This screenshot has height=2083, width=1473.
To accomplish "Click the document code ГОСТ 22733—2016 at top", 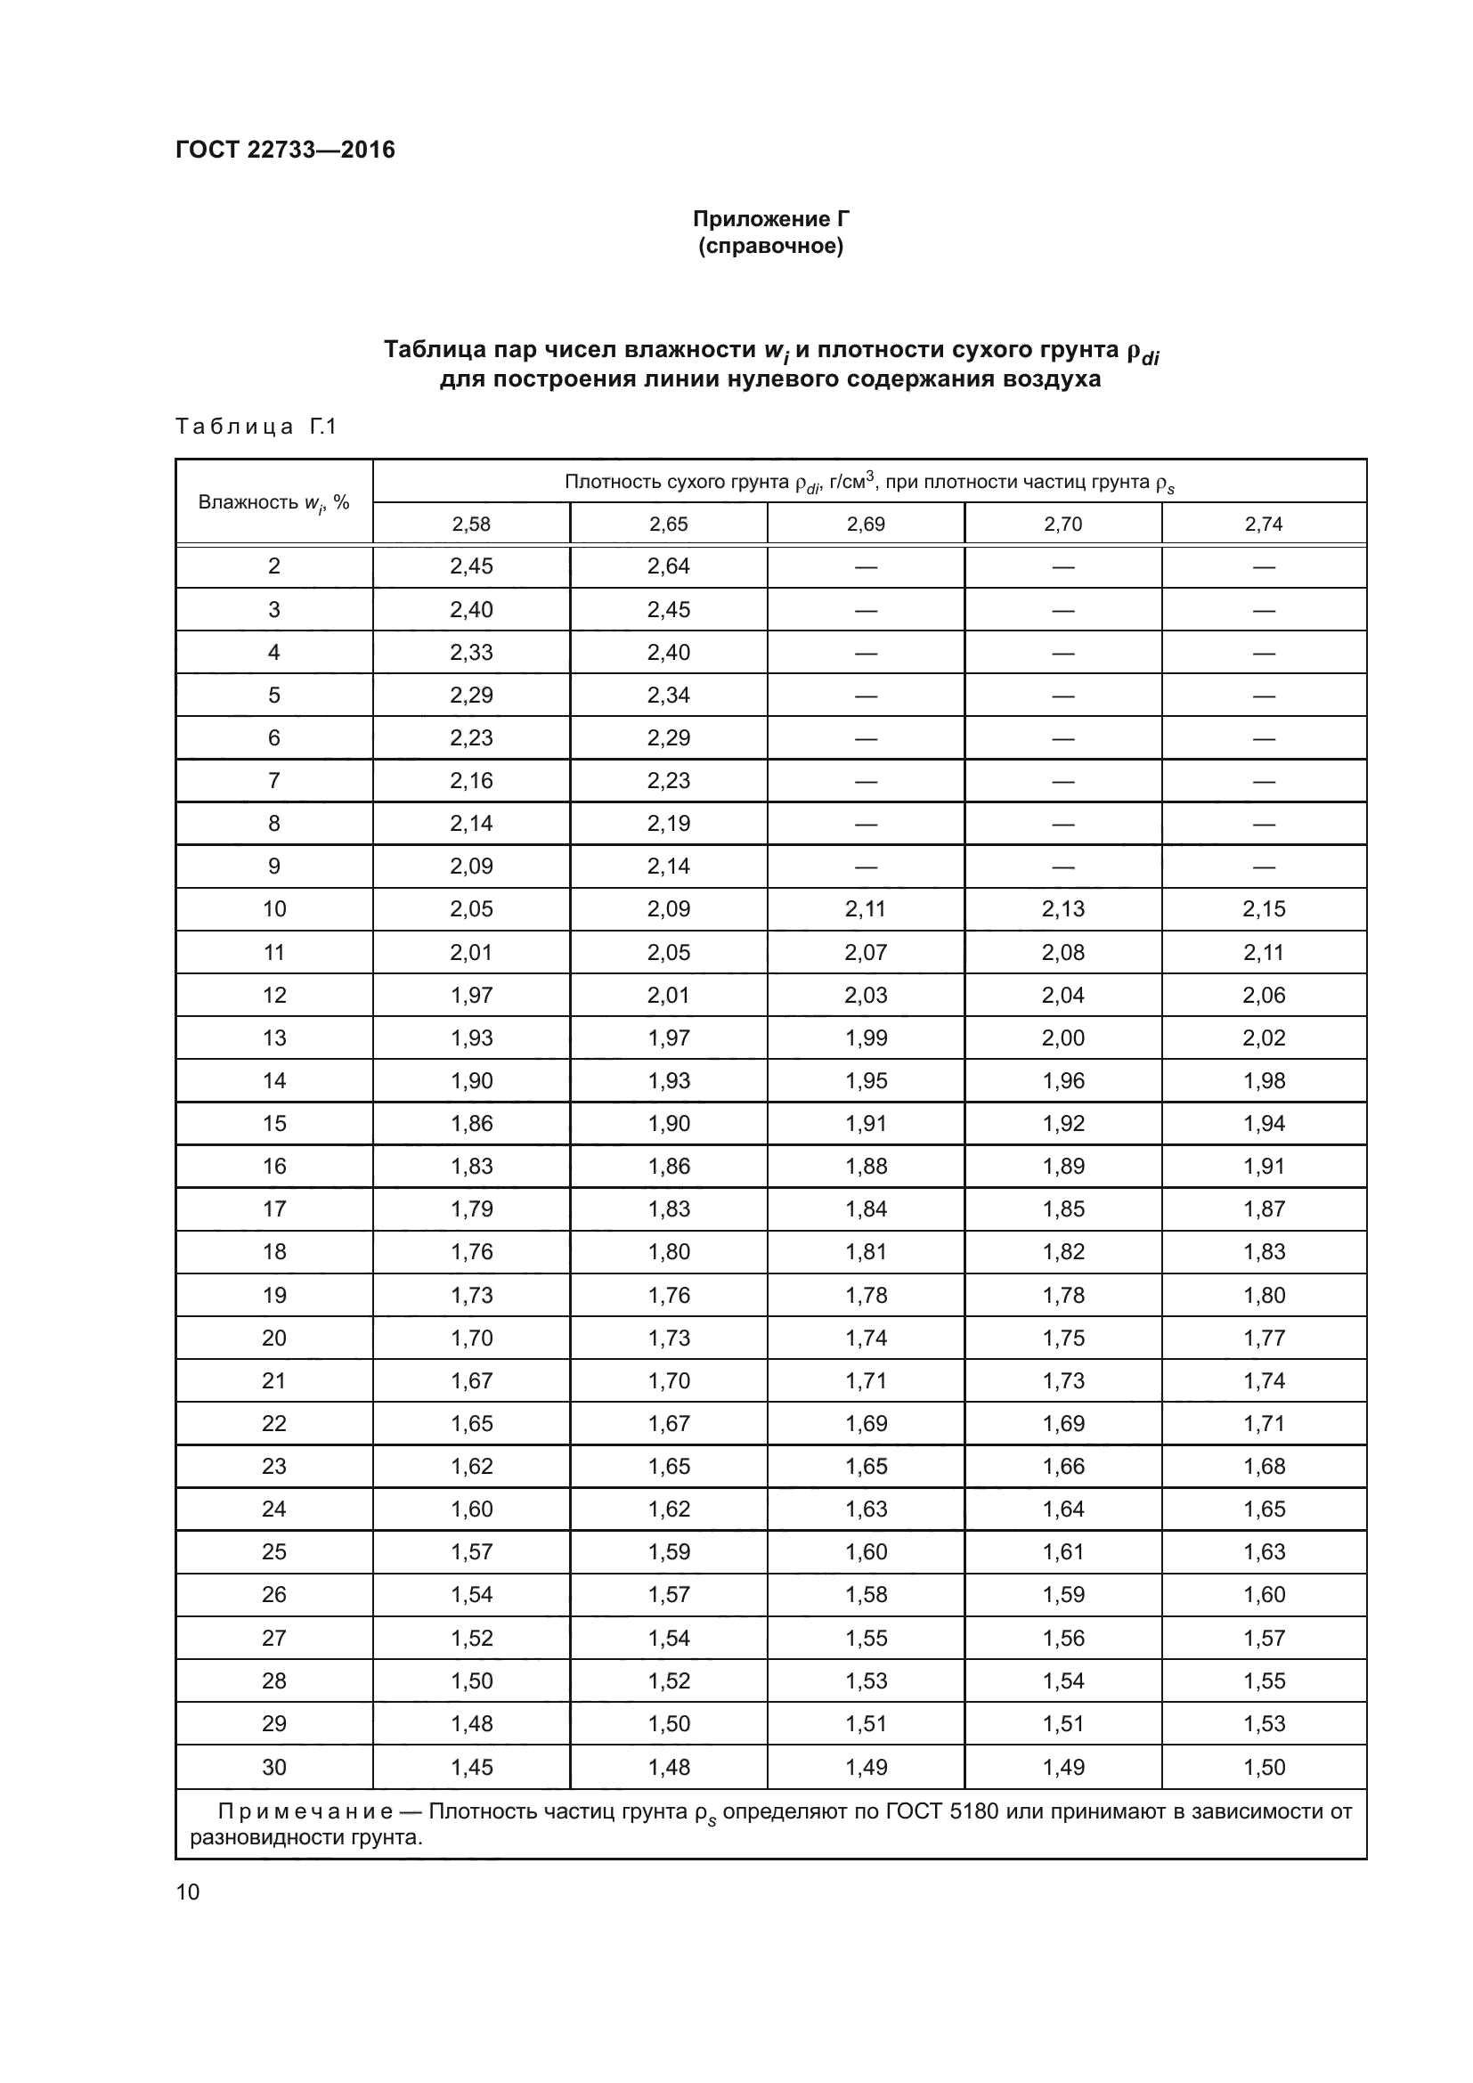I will point(285,150).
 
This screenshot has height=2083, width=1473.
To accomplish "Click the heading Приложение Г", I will point(770,219).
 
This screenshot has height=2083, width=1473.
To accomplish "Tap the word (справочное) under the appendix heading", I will point(770,247).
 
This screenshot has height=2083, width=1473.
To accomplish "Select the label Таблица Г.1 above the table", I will point(256,427).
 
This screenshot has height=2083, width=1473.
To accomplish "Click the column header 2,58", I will point(471,524).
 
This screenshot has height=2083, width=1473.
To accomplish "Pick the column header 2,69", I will point(866,524).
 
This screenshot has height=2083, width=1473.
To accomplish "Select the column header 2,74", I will point(1264,524).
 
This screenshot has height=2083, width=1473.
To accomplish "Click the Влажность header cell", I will point(274,502).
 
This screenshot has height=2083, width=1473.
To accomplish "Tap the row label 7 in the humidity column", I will point(274,780).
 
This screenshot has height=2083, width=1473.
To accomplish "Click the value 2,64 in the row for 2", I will point(669,566).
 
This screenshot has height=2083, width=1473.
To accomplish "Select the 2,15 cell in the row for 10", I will point(1264,908).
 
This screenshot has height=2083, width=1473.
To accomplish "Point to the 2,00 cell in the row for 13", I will point(1063,1037).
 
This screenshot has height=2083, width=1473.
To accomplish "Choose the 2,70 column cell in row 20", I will point(1063,1338).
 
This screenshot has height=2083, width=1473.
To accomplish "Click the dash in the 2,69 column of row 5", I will point(866,695).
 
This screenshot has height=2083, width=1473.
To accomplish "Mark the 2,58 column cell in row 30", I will point(471,1766).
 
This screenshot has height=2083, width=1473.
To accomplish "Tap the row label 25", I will point(274,1551).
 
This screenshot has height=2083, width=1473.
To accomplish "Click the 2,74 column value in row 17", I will point(1264,1208).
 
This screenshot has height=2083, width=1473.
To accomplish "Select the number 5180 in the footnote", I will point(973,1811).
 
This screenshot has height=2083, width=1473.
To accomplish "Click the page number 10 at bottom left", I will point(188,1892).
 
